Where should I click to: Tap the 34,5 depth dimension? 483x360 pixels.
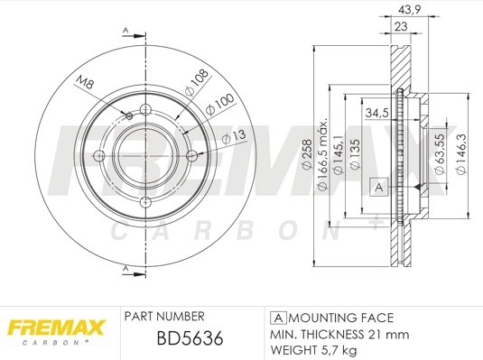pos(377,114)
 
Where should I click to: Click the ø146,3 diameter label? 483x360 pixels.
pos(462,150)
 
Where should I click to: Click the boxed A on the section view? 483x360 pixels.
pos(379,187)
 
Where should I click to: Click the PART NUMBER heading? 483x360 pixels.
pos(163,316)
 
